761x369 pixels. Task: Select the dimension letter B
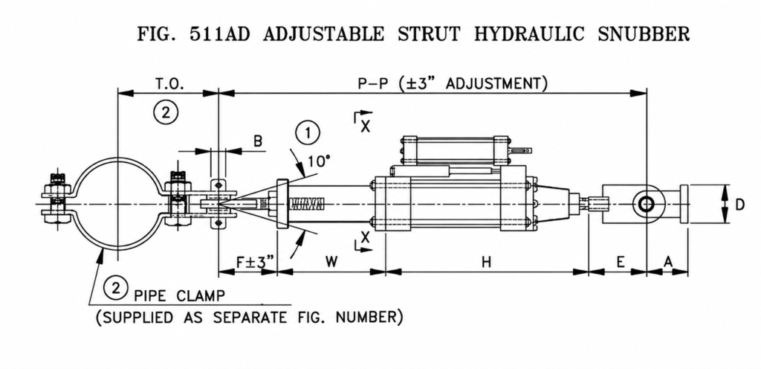tap(258, 141)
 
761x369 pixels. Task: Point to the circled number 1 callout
tap(308, 133)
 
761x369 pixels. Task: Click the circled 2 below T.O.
tap(166, 112)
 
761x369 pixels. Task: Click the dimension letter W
tap(331, 262)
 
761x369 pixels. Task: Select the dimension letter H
tap(486, 262)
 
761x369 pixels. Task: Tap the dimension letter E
tap(621, 262)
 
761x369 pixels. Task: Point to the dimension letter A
tap(668, 262)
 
